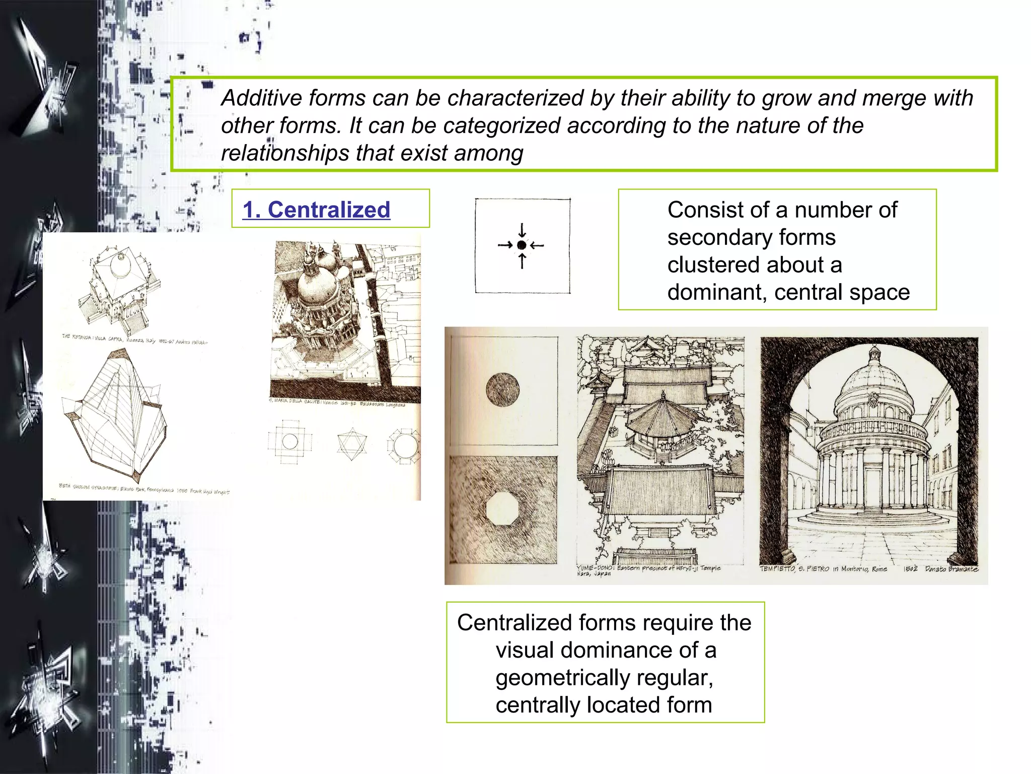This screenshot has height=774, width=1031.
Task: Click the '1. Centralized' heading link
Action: coord(316,210)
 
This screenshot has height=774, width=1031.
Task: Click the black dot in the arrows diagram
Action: coord(522,245)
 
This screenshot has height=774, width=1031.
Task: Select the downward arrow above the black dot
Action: coord(522,230)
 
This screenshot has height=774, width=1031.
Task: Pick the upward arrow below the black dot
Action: coord(522,261)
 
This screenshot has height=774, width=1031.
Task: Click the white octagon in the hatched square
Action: coord(502,509)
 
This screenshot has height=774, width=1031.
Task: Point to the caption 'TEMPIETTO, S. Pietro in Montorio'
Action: coord(823,569)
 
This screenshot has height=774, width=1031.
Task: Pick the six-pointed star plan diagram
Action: coord(352,444)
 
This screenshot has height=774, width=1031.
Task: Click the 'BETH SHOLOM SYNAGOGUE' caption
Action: coord(89,487)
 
